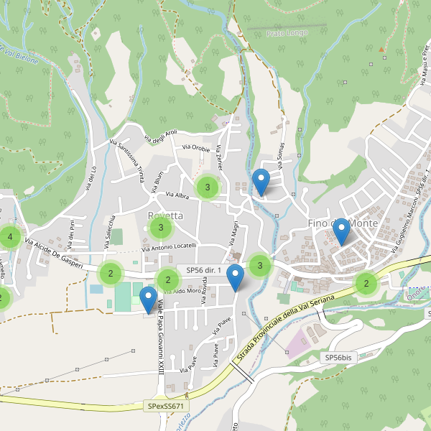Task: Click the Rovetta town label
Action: [x=165, y=215]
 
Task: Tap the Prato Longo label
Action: [x=287, y=33]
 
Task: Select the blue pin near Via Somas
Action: [x=261, y=181]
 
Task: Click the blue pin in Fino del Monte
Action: [x=341, y=231]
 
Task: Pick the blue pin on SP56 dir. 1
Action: [x=235, y=277]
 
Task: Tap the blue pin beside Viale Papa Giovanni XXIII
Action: [x=149, y=299]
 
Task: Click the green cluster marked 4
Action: [x=9, y=236]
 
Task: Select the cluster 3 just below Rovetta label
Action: [x=160, y=229]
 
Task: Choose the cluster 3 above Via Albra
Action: [x=208, y=187]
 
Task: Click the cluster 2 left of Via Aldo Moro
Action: [x=167, y=280]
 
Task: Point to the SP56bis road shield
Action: [x=338, y=357]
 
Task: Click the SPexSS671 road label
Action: [x=166, y=407]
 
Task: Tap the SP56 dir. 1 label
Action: [x=203, y=270]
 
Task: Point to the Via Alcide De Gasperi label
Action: [x=54, y=254]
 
